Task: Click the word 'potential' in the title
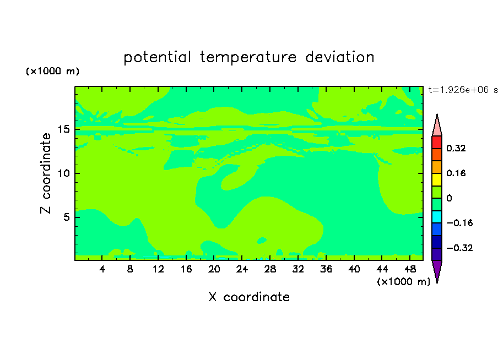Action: coord(157,57)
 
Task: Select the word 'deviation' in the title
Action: coord(340,57)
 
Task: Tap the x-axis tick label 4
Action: coord(102,269)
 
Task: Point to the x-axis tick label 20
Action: coord(214,269)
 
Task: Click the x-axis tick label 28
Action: coord(270,269)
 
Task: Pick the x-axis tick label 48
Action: coord(410,269)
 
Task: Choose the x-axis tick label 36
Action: coord(326,269)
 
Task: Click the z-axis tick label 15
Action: coord(64,129)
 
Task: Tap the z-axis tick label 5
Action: coord(67,217)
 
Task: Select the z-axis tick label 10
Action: coord(64,173)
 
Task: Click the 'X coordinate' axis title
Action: coord(249,297)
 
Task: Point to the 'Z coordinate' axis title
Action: coord(45,173)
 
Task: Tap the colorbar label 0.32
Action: coord(456,148)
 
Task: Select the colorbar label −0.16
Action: coord(459,223)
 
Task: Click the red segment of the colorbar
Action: coord(437,142)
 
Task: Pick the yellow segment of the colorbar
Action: coord(437,179)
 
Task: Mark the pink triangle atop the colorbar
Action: coord(437,127)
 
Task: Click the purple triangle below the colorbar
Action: coord(437,270)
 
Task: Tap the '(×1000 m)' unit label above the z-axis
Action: coord(52,71)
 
